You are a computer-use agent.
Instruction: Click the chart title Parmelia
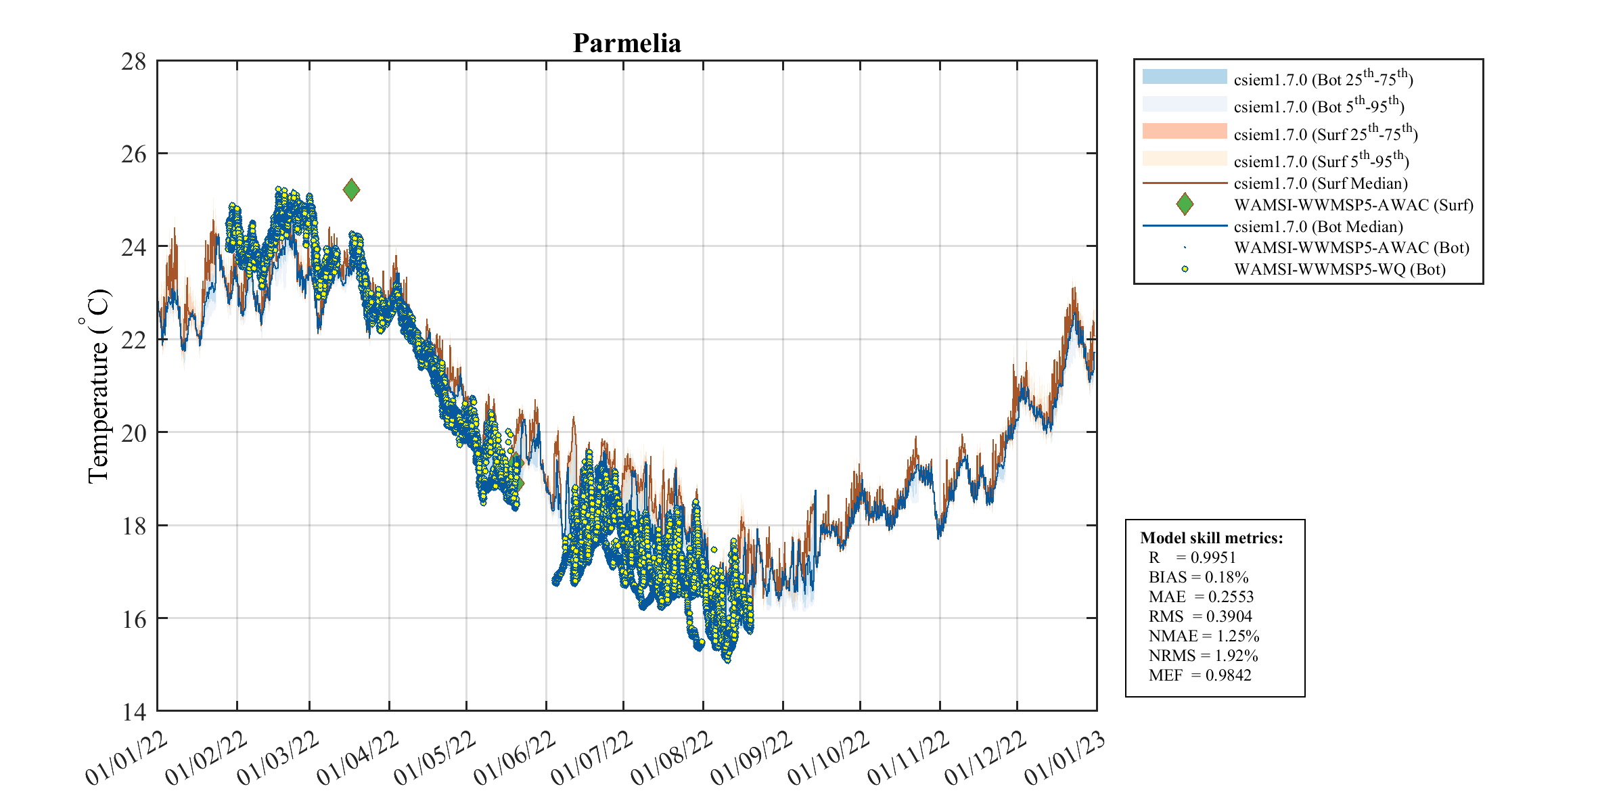[626, 43]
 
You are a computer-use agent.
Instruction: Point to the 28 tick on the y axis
[133, 62]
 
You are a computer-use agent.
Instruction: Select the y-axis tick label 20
[133, 433]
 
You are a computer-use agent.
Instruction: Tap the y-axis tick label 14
[133, 712]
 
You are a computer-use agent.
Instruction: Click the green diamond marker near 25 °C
[351, 189]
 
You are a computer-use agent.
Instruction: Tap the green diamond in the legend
[1184, 204]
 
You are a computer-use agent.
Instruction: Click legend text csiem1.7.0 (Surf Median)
[1320, 183]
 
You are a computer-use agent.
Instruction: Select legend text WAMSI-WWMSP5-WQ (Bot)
[1340, 269]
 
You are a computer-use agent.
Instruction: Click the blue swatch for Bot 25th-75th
[1184, 76]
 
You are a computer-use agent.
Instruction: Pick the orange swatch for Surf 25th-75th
[1184, 131]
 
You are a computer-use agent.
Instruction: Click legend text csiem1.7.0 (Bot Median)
[1318, 227]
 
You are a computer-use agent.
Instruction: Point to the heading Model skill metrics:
[1211, 538]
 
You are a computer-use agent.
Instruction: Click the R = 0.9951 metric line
[1192, 557]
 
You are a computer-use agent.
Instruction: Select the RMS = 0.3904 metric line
[1200, 616]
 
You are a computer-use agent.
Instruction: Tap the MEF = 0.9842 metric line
[1200, 675]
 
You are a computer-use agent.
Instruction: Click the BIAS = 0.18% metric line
[1198, 577]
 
